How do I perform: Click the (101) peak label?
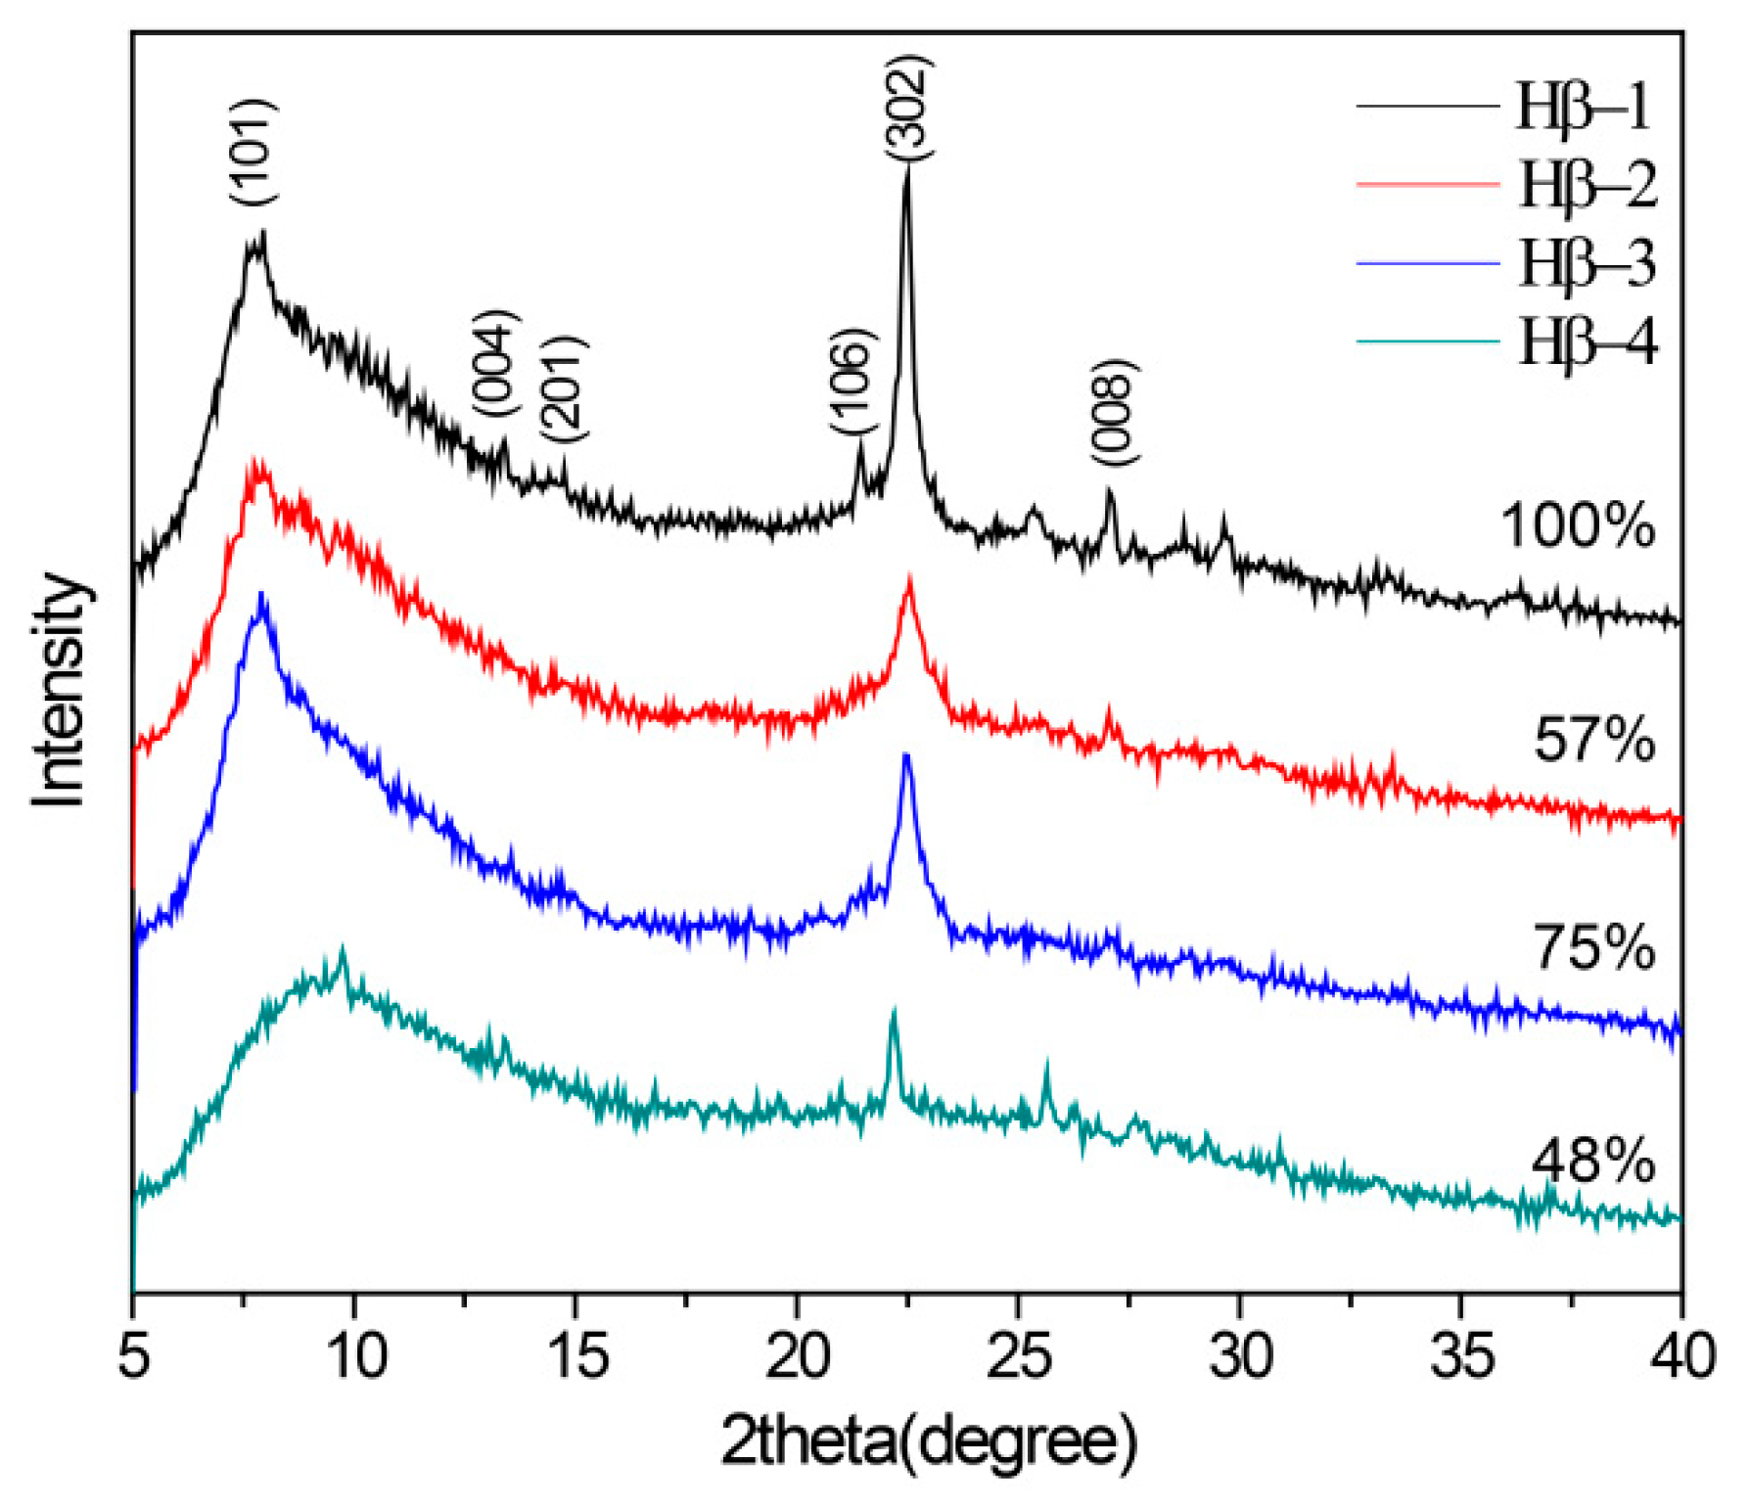(253, 151)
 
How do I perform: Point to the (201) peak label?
(563, 388)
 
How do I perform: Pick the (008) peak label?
(1114, 413)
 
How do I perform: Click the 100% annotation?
(1577, 525)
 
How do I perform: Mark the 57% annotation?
(1593, 739)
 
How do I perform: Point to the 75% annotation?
(1593, 947)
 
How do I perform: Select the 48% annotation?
(1592, 1162)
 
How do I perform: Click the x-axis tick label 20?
(798, 1357)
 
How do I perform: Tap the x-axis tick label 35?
(1462, 1357)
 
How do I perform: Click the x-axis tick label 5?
(134, 1357)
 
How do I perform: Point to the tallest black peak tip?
(907, 168)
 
